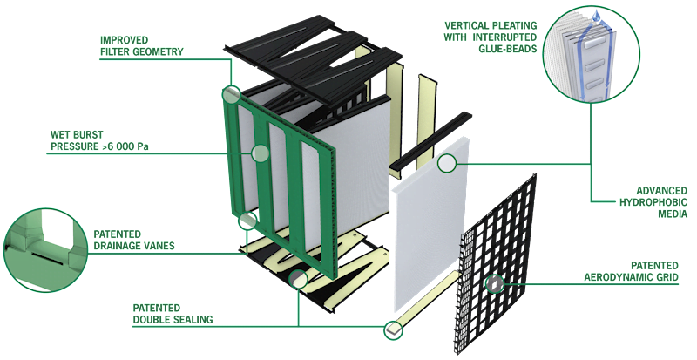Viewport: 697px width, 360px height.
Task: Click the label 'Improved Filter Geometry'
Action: coord(141,46)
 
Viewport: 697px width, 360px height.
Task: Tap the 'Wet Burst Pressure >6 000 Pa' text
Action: coord(99,140)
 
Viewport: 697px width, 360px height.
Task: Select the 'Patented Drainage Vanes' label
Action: coord(134,240)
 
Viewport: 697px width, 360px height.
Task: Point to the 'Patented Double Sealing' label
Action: coord(173,314)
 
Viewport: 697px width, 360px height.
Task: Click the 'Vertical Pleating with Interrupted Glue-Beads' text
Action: coord(490,37)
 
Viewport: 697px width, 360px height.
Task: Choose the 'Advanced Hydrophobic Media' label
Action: coord(653,202)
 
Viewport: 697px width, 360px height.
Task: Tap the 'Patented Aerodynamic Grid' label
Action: coord(631,271)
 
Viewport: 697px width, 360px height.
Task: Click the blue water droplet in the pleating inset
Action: coord(596,16)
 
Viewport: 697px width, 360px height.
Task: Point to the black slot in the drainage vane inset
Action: coord(44,258)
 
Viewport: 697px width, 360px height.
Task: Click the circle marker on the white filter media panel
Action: coord(447,163)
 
